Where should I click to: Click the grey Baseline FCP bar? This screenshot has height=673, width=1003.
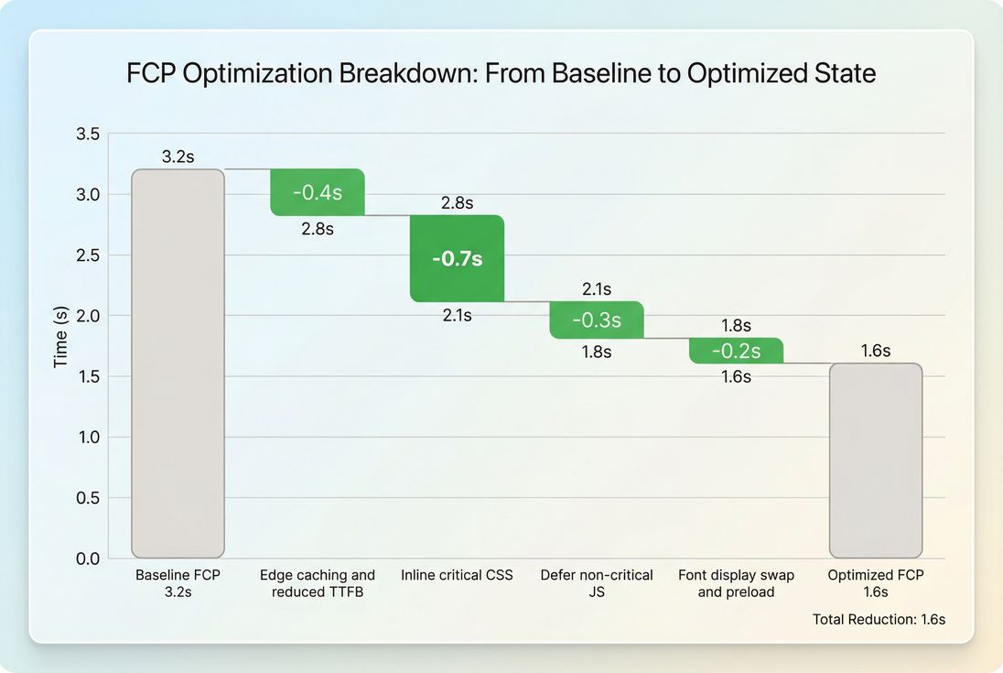tap(178, 364)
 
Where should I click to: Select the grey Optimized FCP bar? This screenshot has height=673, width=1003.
tap(875, 461)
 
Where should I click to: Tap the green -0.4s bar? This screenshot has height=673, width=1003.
tap(318, 192)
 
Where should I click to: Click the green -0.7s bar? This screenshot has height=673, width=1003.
tap(457, 258)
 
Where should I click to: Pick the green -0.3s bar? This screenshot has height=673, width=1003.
tap(597, 320)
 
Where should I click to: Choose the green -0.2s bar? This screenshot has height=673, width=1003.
tap(736, 351)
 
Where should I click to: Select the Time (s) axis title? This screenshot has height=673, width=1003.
tap(60, 337)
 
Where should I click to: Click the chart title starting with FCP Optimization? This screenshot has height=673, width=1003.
tap(501, 73)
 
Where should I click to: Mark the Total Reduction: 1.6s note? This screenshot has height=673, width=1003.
tap(879, 619)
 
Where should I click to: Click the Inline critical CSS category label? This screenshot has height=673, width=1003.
tap(457, 575)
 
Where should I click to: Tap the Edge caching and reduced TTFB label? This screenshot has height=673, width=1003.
tap(318, 583)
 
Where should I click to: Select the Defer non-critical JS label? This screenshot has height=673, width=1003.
tap(597, 583)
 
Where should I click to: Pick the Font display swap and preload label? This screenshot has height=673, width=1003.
tap(736, 583)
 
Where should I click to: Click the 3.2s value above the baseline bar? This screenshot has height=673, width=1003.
tap(178, 157)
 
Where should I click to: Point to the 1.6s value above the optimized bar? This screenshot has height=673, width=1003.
tap(875, 351)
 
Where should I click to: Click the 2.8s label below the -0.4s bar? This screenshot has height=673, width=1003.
tap(318, 229)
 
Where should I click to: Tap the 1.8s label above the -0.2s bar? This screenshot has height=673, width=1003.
tap(736, 325)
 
